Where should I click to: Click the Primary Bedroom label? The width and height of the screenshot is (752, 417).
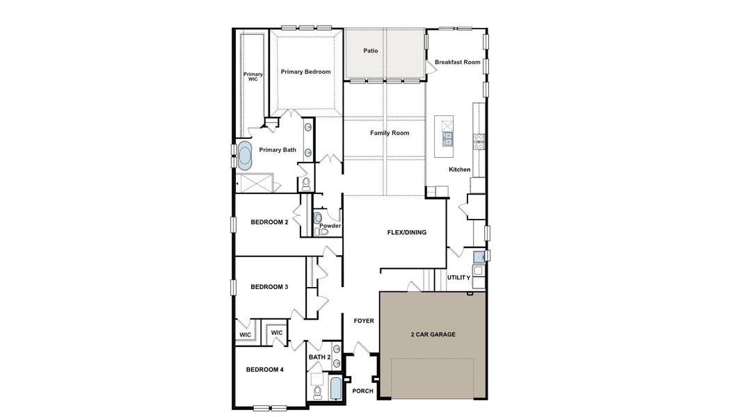[305, 72]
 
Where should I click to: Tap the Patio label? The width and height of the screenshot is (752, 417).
[371, 51]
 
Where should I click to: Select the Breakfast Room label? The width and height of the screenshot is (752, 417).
[458, 62]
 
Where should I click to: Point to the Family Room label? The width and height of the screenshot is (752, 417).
[390, 133]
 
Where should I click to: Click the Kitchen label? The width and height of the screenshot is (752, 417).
[459, 170]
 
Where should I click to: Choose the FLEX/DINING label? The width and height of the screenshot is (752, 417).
[407, 232]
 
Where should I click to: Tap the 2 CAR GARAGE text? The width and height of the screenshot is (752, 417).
[433, 334]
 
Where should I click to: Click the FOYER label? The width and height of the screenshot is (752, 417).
[364, 321]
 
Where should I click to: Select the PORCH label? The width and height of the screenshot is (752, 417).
[362, 391]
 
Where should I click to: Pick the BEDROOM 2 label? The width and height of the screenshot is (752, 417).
[269, 222]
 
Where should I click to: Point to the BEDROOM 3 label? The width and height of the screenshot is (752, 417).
[269, 287]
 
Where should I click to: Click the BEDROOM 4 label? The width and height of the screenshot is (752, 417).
[265, 370]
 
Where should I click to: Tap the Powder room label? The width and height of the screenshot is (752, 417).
[330, 226]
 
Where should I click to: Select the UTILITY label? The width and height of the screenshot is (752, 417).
[458, 277]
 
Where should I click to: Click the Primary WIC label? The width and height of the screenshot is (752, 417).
[253, 76]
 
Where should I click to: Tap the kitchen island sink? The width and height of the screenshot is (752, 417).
[447, 137]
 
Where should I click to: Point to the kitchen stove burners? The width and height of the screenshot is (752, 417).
[479, 141]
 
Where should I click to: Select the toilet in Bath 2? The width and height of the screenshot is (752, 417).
[317, 393]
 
